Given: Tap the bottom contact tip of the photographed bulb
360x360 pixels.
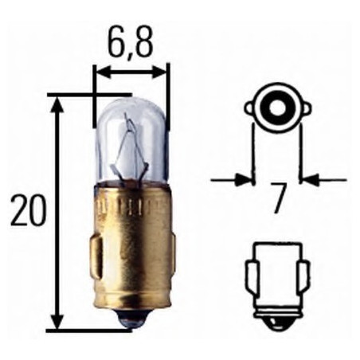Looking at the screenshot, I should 130,319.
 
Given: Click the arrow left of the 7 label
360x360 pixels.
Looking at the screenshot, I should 244,180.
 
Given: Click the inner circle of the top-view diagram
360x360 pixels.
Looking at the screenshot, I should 276,105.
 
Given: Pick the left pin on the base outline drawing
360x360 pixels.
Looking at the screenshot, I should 250,278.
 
